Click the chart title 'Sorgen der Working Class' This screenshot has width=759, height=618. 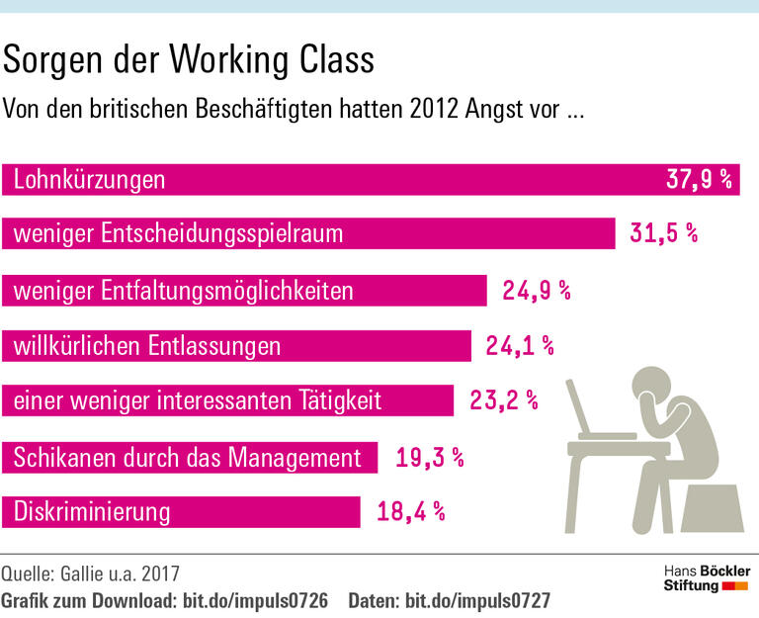[x=189, y=61]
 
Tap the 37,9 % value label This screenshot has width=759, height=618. [x=699, y=180]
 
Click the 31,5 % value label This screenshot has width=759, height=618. [x=663, y=234]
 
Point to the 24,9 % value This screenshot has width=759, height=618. [x=537, y=291]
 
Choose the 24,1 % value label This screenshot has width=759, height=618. [x=520, y=346]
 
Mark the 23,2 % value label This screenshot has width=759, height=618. [x=503, y=401]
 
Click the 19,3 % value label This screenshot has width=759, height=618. [x=429, y=458]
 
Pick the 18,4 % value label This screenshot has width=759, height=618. [x=411, y=512]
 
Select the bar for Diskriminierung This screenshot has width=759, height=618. [x=183, y=512]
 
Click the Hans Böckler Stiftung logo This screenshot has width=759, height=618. [x=706, y=579]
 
